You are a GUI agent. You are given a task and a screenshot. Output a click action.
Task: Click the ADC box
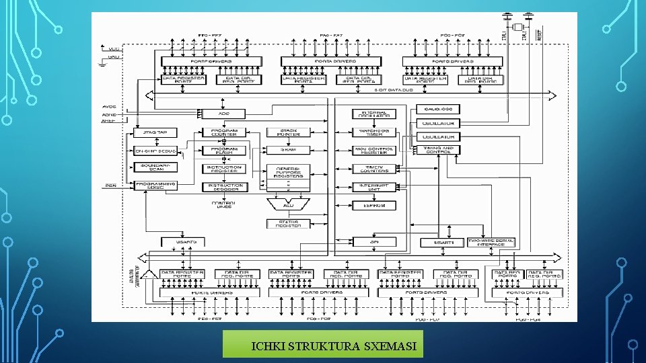click(x=223, y=113)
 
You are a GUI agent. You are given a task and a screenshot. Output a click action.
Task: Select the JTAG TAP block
click(x=155, y=132)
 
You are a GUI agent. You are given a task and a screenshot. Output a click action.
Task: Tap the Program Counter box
click(x=223, y=132)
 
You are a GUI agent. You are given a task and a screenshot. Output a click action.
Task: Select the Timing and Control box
click(x=438, y=150)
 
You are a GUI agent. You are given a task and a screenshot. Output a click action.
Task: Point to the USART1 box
click(x=439, y=242)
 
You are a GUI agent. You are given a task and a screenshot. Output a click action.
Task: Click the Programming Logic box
click(x=155, y=186)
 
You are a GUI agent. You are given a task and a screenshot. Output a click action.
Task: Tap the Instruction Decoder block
click(x=223, y=187)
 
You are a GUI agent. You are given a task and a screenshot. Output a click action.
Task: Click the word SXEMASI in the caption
click(x=390, y=347)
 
